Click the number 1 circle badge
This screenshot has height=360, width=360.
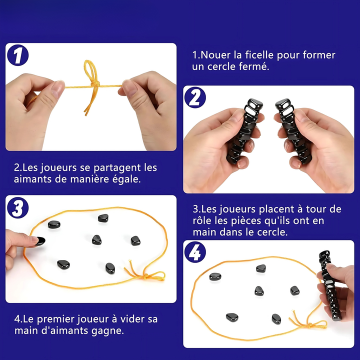point(18,55)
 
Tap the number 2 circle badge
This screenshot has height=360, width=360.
point(195,97)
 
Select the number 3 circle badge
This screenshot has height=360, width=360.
point(18,208)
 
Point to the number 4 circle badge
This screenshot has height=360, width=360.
point(195,252)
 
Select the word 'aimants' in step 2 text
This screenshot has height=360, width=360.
point(33,179)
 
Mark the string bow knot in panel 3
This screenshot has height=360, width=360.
point(145,276)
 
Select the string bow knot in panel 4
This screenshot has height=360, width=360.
point(310,325)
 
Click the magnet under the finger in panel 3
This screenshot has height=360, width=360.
point(40,241)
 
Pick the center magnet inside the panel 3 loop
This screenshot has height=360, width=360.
point(96,240)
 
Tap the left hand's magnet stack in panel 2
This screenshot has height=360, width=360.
point(243,131)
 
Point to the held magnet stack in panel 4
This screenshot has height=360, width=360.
point(330,285)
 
